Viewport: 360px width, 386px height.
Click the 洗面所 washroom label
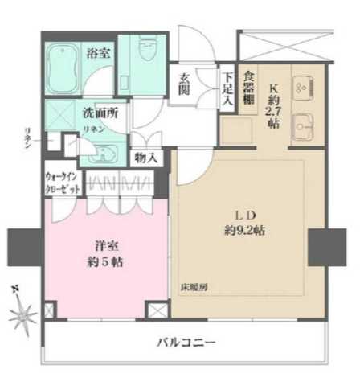tap(100, 112)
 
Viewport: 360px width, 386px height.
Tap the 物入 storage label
tap(146, 157)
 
